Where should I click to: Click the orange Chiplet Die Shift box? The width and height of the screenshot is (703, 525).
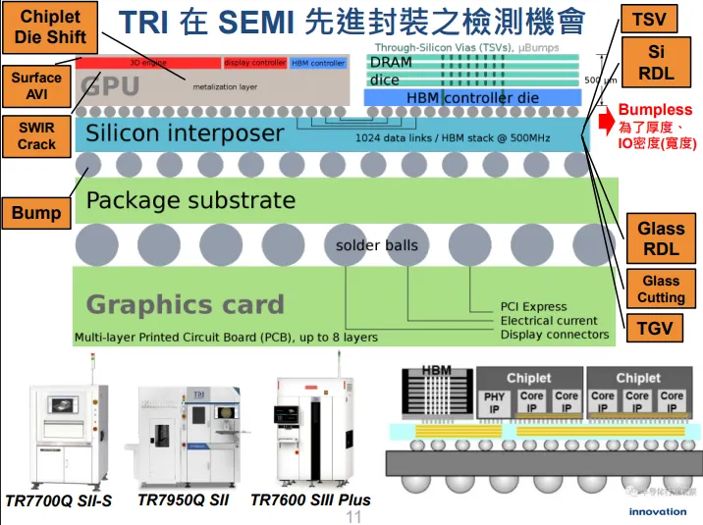[51, 27]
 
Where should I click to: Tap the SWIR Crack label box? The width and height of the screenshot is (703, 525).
[36, 136]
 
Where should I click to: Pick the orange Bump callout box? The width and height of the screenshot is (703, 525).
[36, 213]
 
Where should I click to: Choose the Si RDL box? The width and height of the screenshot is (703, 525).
[656, 62]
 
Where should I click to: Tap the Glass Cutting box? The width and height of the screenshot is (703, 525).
[661, 289]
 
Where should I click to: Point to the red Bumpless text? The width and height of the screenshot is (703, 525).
[655, 110]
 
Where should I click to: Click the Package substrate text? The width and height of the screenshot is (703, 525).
[190, 201]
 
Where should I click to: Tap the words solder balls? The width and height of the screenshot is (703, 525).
[376, 244]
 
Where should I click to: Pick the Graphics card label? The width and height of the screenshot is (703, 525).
[185, 304]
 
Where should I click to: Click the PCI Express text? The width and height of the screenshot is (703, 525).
[533, 307]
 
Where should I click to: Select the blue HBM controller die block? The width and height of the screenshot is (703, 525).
[472, 97]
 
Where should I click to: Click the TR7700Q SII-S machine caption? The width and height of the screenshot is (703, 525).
[58, 501]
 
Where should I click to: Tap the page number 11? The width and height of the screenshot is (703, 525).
[353, 515]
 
